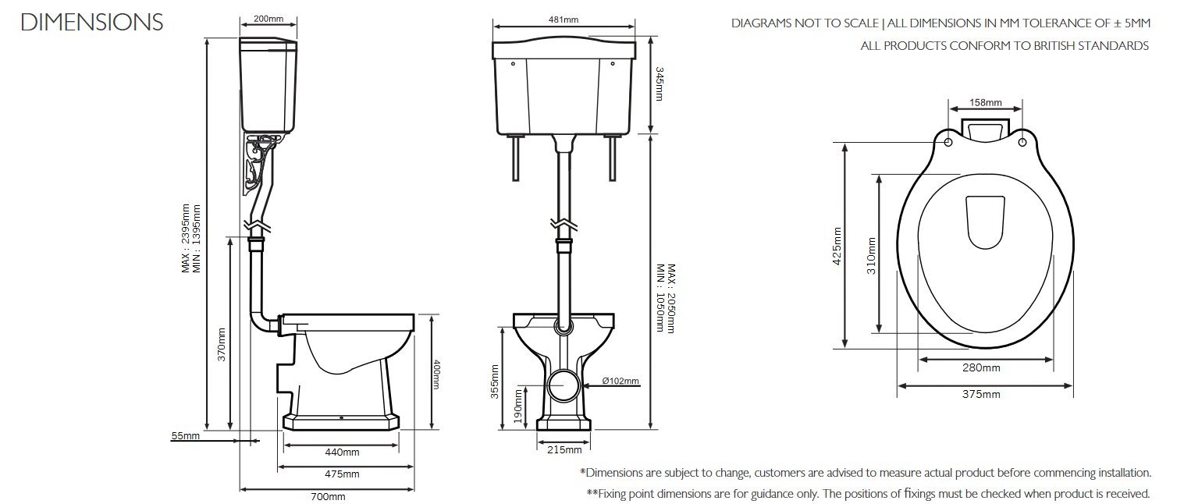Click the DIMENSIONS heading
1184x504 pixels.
point(92,22)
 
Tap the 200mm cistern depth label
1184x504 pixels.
point(268,19)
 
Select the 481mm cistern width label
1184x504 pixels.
point(563,20)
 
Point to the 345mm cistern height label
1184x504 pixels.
point(660,83)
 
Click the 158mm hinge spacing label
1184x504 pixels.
point(985,102)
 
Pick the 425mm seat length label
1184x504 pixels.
point(837,247)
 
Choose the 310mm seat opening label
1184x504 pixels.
point(871,256)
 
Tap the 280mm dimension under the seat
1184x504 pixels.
point(981,367)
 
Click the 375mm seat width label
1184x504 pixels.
point(981,394)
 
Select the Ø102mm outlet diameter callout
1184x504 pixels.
point(620,381)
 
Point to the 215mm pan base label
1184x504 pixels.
point(564,449)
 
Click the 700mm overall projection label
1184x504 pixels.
point(328,497)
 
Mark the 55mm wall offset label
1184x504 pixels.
point(186,436)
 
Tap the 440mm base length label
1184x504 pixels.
point(342,453)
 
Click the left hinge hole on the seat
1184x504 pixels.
point(948,142)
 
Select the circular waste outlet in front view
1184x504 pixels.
point(564,385)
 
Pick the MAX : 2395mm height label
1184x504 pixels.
point(185,238)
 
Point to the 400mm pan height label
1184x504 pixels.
point(436,374)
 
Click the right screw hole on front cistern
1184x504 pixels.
point(613,64)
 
